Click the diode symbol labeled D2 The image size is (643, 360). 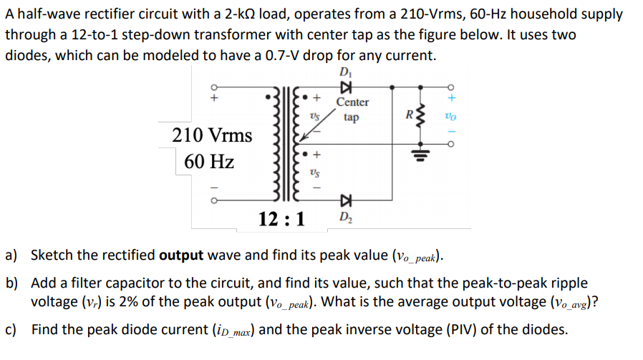[347, 198]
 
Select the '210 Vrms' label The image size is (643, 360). [213, 135]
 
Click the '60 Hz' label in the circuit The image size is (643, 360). [209, 162]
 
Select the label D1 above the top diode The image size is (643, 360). [347, 72]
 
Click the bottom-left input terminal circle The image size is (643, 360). [212, 199]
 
